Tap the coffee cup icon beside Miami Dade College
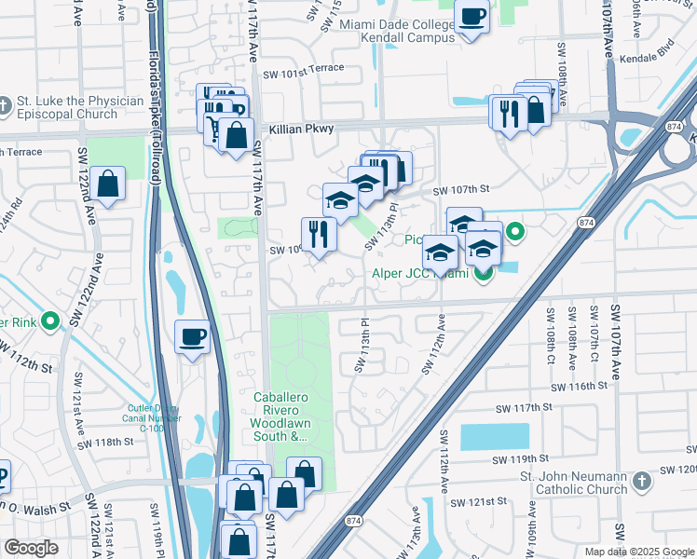(x=472, y=17)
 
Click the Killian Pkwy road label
(x=303, y=130)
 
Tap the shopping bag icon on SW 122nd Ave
(x=109, y=184)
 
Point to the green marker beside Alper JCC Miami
(x=483, y=273)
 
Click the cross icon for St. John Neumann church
(x=639, y=481)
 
